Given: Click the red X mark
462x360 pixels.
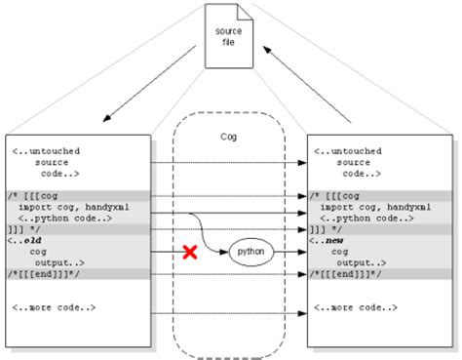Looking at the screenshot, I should coord(190,253).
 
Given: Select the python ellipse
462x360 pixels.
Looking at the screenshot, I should coord(250,253).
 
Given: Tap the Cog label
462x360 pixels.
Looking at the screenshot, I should coord(230,137).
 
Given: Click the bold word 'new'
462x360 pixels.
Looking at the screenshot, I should coord(336,241).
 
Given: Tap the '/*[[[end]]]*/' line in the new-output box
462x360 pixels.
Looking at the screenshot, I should coord(342,274).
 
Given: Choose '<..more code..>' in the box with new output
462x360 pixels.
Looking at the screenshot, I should coord(354,309).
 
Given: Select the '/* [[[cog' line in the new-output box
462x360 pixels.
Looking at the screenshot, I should coord(336,196).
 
